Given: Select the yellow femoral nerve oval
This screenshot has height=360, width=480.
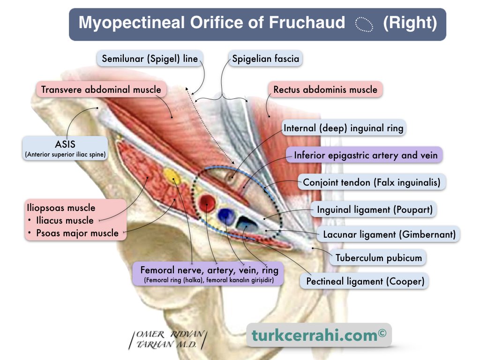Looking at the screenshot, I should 172,177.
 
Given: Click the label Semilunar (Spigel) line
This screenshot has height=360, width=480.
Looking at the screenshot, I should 150,59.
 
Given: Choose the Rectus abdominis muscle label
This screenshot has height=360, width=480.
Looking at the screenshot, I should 325,89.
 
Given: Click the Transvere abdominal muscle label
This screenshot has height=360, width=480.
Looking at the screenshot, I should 101,90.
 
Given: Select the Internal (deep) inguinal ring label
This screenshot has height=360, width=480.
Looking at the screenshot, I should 344,128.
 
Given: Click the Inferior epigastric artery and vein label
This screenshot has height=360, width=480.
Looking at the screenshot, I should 366,155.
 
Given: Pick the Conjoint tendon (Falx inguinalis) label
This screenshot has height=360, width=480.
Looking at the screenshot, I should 372,182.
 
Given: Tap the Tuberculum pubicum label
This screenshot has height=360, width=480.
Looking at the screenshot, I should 379,257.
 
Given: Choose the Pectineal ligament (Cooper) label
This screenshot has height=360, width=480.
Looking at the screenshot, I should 365,281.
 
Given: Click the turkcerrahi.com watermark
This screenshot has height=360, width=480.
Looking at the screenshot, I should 319,335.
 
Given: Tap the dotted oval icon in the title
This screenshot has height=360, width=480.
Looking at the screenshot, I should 364,24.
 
